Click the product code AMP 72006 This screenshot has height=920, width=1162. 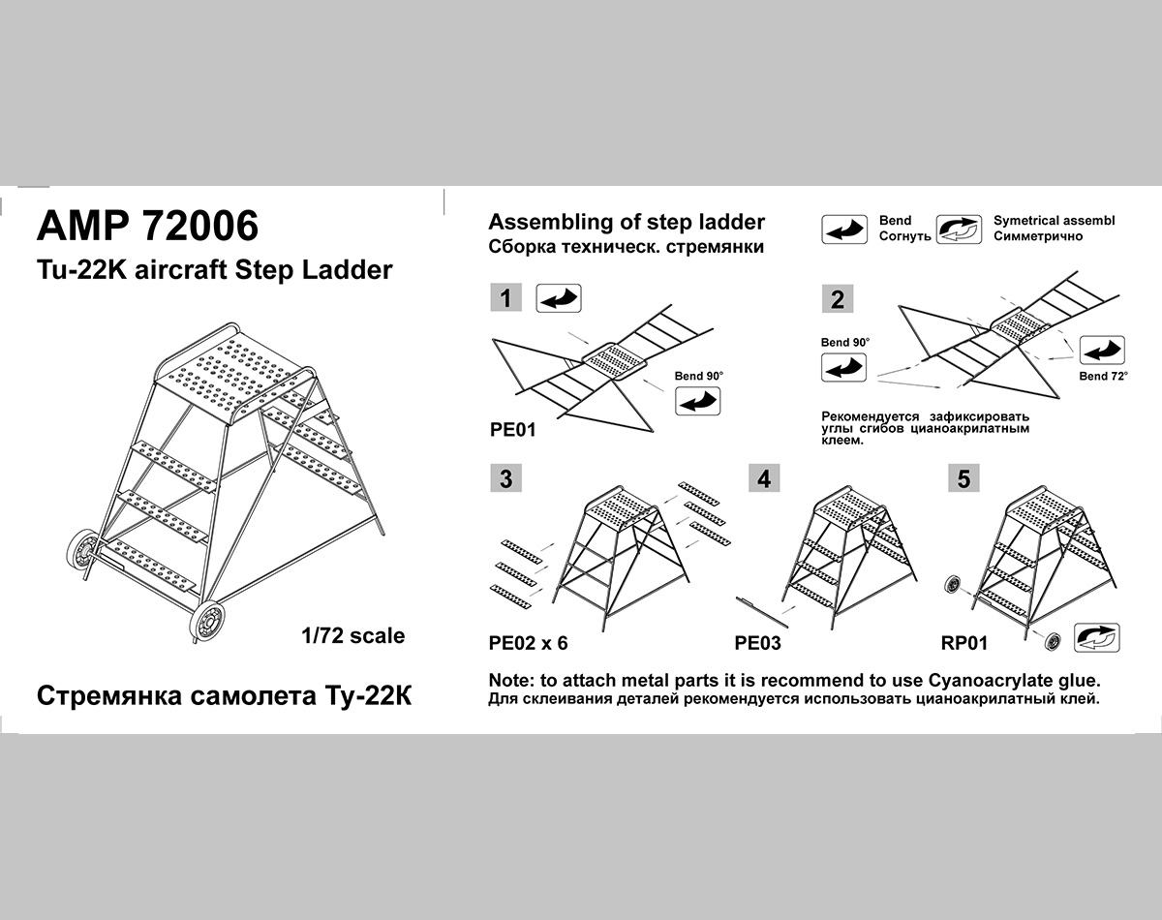coord(147,226)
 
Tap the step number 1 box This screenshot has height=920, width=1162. coord(505,297)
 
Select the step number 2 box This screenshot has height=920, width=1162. coord(838,299)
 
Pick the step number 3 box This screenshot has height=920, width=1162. coord(505,477)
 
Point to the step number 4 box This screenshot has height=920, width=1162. coord(765,477)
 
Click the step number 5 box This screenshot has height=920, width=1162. coord(963,477)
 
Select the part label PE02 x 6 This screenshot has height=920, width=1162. coord(529,643)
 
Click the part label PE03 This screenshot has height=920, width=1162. coord(757,643)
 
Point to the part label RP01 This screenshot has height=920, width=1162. coord(963,643)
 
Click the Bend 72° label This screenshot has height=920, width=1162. coord(1103,376)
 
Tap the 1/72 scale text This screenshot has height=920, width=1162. coord(352,636)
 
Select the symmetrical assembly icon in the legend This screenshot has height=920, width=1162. coord(960,230)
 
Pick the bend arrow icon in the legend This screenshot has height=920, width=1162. coord(844,230)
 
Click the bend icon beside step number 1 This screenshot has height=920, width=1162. coord(559,297)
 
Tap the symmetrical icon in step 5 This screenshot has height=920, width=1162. coord(1097,637)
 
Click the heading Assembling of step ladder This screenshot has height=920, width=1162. coord(627,222)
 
